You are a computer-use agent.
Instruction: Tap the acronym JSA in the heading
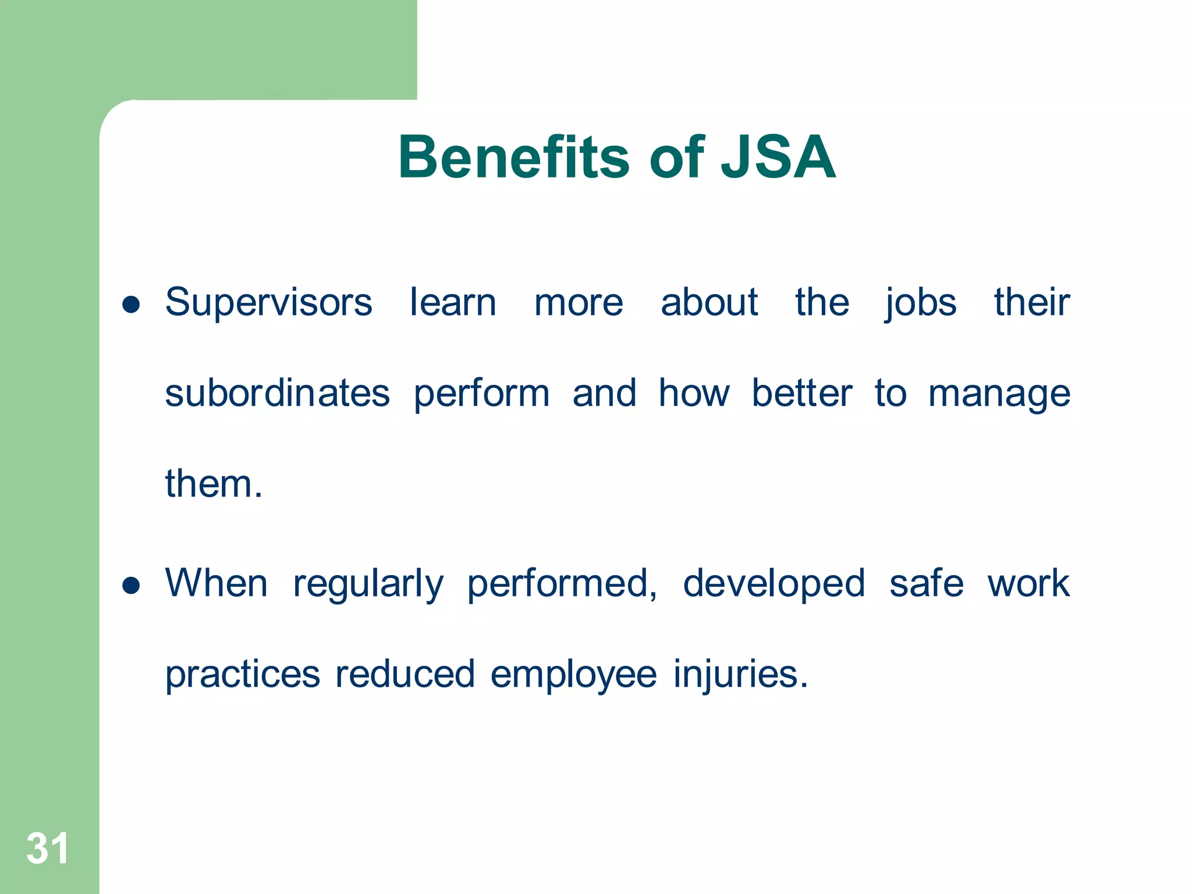click(x=778, y=157)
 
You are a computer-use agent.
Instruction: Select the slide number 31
click(x=47, y=848)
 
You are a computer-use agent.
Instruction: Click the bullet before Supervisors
click(x=132, y=304)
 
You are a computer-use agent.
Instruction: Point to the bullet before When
click(x=132, y=585)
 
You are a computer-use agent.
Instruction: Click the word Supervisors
click(x=268, y=303)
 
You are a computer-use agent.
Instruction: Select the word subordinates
click(x=277, y=393)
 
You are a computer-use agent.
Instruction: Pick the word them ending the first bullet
click(x=213, y=484)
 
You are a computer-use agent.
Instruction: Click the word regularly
click(x=368, y=584)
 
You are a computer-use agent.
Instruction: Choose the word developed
click(x=774, y=584)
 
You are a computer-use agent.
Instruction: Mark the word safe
click(x=926, y=583)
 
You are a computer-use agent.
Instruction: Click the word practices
click(x=242, y=675)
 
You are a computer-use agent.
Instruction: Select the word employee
click(x=573, y=675)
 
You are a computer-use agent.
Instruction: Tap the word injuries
click(x=740, y=675)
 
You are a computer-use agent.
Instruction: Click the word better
click(x=801, y=393)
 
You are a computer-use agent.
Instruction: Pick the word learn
click(x=453, y=303)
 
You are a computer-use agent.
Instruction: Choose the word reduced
click(x=405, y=674)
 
